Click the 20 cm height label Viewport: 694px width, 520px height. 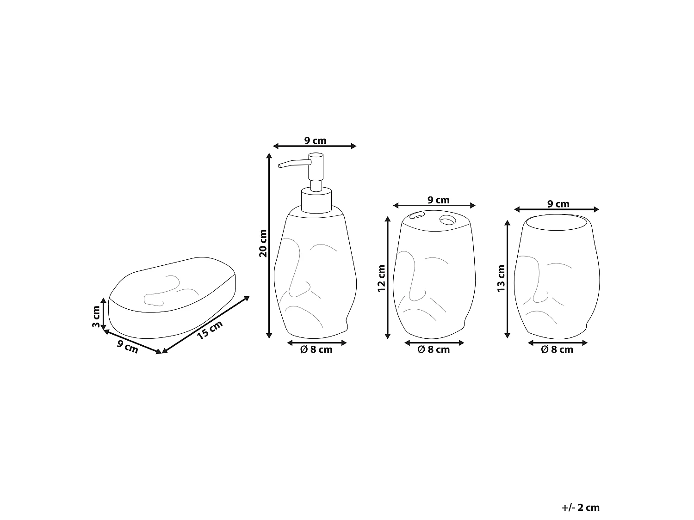tap(263, 243)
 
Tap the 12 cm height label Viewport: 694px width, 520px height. tap(381, 278)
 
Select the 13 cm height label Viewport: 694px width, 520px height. tap(501, 278)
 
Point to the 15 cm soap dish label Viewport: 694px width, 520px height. tap(210, 330)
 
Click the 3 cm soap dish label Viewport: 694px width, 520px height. tap(96, 317)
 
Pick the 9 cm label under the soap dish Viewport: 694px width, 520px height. tap(128, 346)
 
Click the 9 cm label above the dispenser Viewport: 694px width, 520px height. tap(315, 141)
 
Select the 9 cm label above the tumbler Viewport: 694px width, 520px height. tap(558, 204)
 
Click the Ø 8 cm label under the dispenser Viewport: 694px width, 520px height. tap(316, 350)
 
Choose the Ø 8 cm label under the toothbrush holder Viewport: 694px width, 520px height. tap(434, 350)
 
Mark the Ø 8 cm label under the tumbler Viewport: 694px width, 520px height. tap(557, 350)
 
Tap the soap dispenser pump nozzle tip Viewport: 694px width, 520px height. tap(280, 165)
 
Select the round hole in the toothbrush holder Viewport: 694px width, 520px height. tap(447, 220)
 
